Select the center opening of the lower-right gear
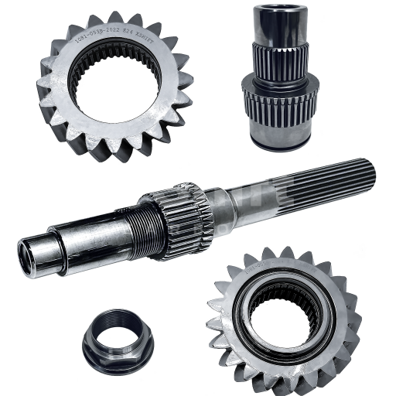pyautogui.click(x=285, y=312)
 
